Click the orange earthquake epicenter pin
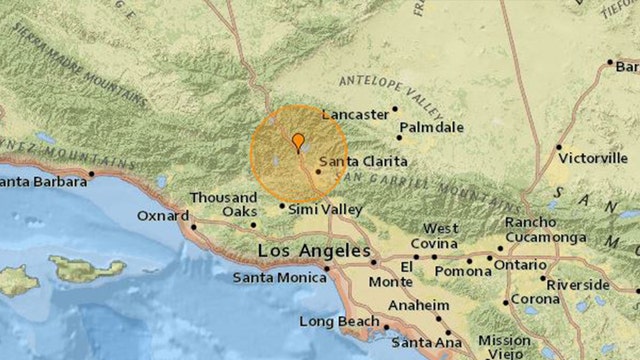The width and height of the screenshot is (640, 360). (297, 142)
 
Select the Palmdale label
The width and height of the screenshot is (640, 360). (430, 128)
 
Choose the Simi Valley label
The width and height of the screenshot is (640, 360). (325, 209)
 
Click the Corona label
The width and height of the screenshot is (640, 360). (537, 299)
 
